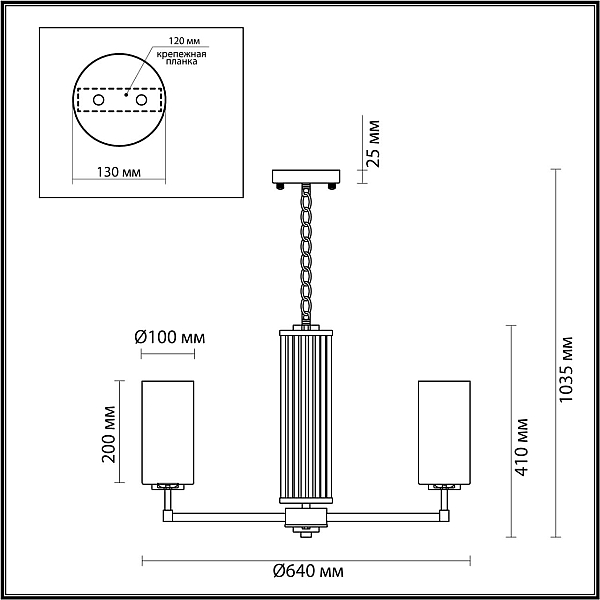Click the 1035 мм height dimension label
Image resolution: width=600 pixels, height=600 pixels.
(566, 369)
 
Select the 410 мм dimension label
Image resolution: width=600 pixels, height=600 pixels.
(521, 447)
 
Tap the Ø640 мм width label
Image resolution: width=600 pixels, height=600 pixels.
(308, 572)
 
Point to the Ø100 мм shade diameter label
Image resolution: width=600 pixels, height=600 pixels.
(170, 338)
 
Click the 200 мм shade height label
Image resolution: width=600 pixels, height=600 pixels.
(109, 434)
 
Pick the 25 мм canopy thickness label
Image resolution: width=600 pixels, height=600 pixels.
(372, 143)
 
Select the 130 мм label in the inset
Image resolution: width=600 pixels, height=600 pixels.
(118, 172)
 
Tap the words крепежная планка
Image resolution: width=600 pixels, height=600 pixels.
(181, 57)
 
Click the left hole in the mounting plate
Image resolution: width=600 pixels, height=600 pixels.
(98, 100)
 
